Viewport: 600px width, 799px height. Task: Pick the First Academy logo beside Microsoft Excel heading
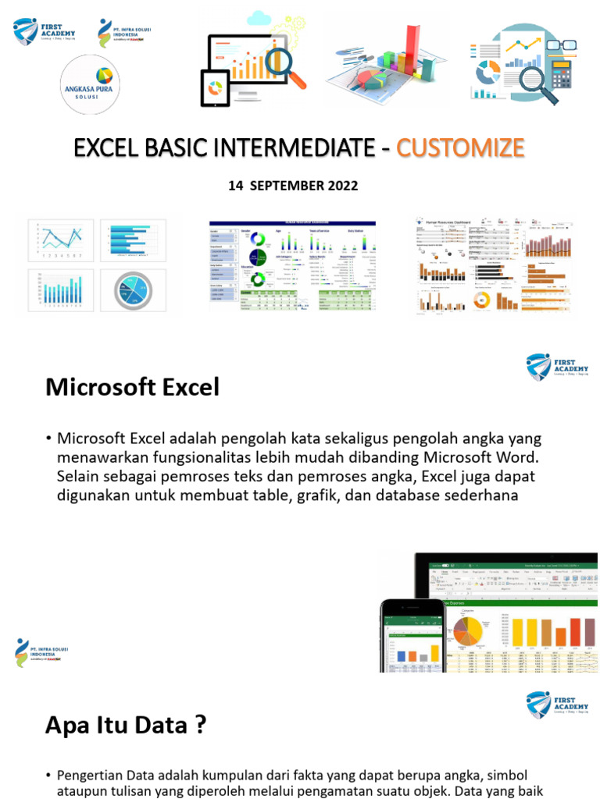tap(557, 367)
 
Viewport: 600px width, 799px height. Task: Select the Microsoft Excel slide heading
tap(132, 386)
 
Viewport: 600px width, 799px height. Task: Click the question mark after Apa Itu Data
tap(201, 726)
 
